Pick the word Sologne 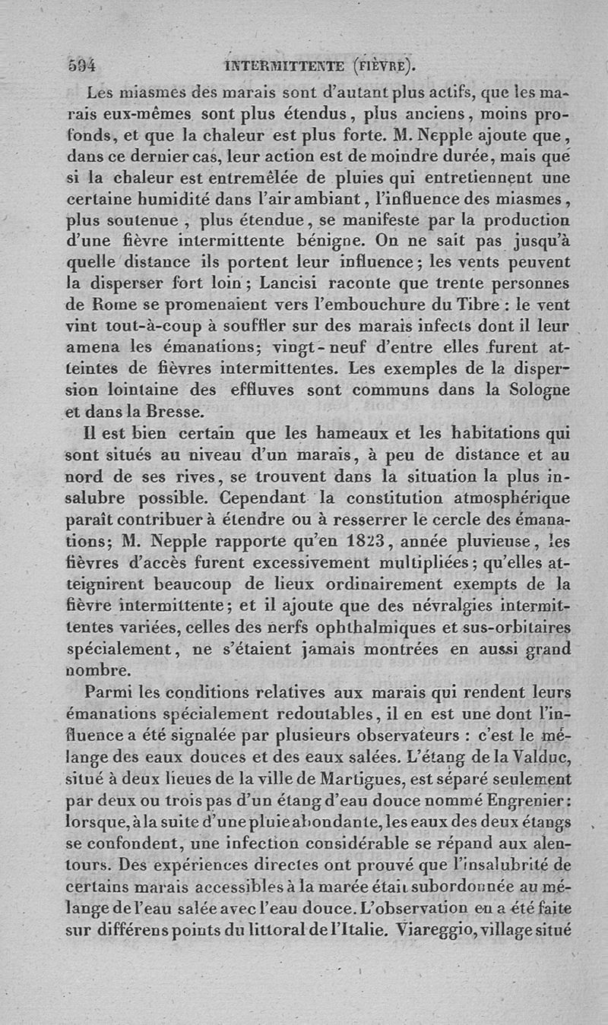537,391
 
